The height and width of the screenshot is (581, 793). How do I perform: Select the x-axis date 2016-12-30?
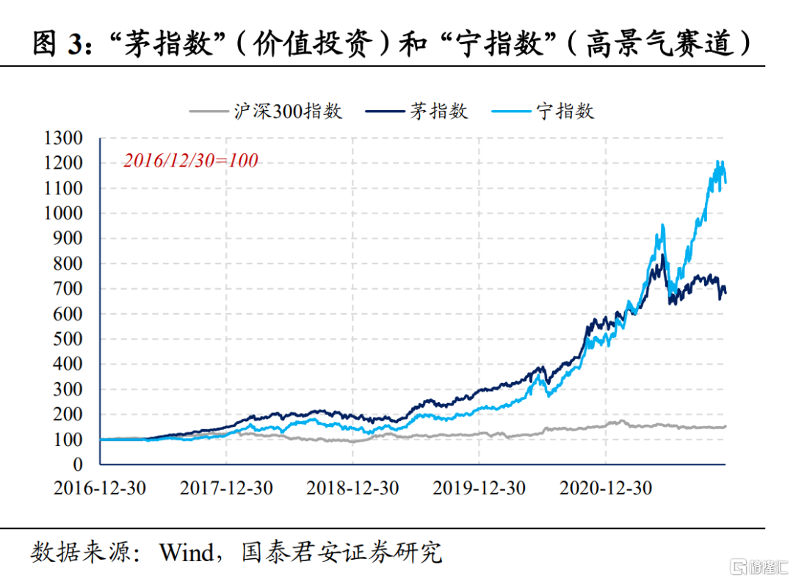click(x=100, y=489)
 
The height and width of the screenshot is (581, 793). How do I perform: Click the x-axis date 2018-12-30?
click(x=353, y=489)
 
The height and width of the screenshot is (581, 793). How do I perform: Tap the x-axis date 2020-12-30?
click(x=606, y=489)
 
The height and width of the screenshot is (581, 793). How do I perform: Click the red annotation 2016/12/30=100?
click(x=190, y=160)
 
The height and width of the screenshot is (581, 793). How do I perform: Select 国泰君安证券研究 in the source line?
click(x=342, y=552)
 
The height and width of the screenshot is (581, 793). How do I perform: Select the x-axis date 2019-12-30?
click(x=479, y=489)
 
